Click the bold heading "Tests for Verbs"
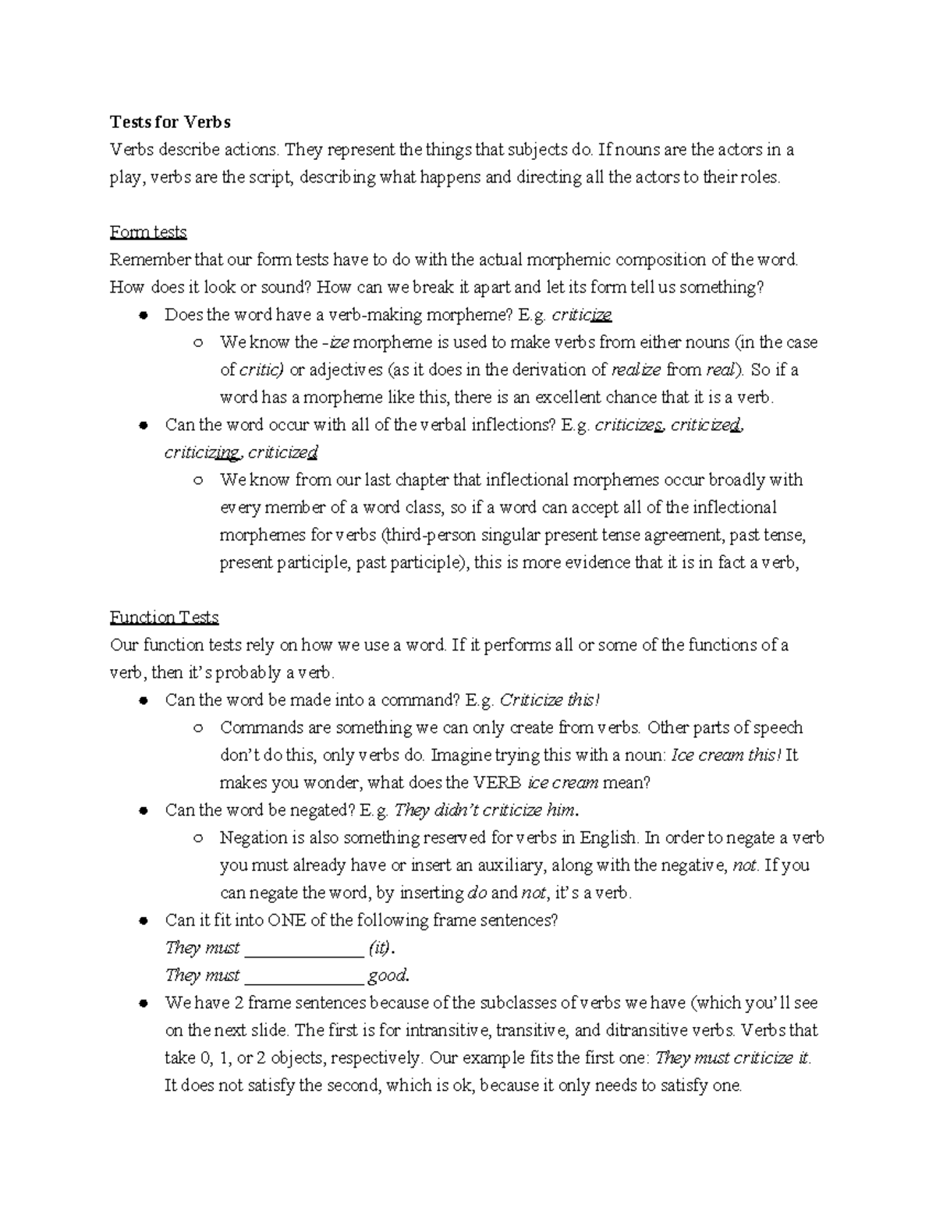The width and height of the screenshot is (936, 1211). coord(170,122)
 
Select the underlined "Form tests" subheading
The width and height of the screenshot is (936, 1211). coord(148,232)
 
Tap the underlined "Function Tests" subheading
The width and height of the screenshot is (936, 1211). coord(164,618)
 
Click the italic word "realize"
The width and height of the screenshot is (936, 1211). coord(636,370)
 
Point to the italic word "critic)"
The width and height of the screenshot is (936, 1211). coord(261,370)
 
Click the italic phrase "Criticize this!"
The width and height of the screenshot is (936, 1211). coord(550,700)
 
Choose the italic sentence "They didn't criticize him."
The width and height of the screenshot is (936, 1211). coord(487,810)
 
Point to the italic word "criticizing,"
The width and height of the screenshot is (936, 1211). coord(203,453)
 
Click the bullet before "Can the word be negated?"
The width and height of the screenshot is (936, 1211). coord(144,811)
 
